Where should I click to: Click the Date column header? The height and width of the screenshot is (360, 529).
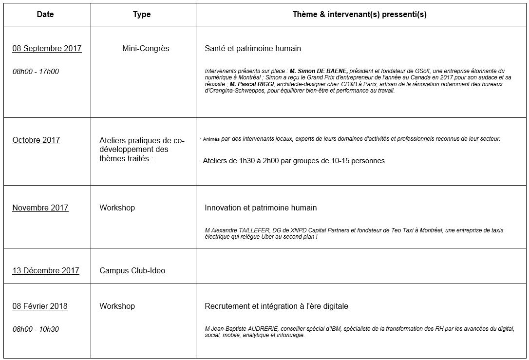click(45, 14)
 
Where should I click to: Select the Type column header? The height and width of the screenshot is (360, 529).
click(142, 14)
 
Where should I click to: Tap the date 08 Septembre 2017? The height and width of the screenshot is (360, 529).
click(47, 48)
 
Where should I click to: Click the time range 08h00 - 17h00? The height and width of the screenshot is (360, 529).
click(36, 72)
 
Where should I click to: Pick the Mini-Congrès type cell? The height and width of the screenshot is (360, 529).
click(146, 48)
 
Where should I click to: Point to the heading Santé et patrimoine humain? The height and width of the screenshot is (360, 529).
click(253, 48)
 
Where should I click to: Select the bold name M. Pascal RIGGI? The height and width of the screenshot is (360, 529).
click(249, 84)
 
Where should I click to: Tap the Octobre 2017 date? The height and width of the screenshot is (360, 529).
click(36, 140)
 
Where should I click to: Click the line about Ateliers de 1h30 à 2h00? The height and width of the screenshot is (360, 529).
click(294, 161)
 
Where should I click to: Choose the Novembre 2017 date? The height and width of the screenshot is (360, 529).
click(40, 208)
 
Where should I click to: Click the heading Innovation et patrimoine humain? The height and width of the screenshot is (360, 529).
click(261, 208)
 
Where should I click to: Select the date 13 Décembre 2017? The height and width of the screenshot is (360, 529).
click(46, 270)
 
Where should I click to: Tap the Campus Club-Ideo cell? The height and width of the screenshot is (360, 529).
click(132, 270)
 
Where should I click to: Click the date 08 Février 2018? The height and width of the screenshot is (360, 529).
click(40, 306)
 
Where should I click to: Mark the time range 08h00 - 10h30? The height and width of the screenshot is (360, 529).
click(36, 329)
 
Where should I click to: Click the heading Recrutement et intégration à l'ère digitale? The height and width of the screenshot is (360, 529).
click(276, 306)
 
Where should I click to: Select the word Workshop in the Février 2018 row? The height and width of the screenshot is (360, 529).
click(117, 306)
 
